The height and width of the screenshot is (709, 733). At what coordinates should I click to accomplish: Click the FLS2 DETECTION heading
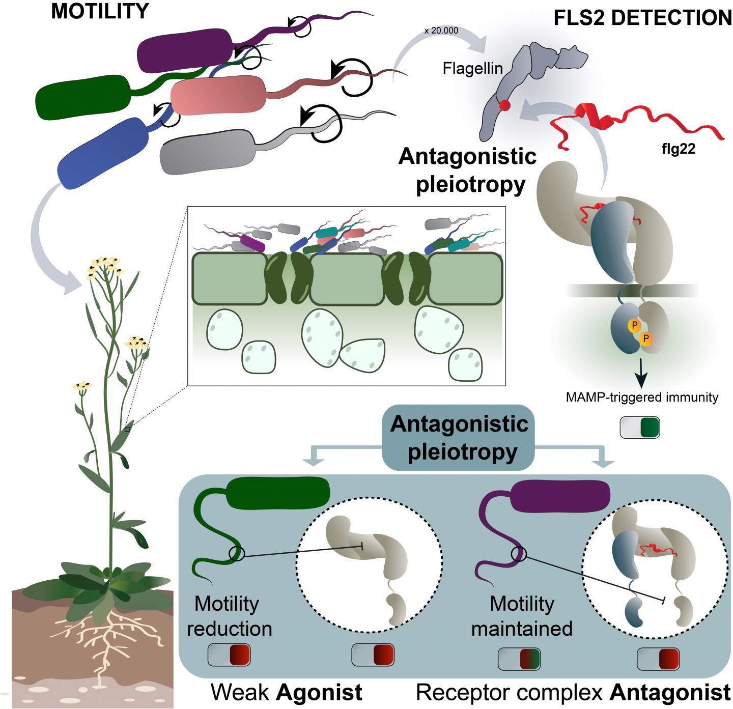pos(642,18)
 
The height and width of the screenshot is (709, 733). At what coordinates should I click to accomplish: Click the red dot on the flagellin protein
pos(504,106)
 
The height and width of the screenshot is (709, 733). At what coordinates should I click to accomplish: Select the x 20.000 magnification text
pos(441,31)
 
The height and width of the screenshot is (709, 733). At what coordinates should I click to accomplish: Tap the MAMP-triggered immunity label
pos(641,397)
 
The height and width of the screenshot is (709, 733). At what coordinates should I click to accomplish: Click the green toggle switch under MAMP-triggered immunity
pos(640,428)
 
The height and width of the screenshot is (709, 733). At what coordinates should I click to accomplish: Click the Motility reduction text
pos(229,616)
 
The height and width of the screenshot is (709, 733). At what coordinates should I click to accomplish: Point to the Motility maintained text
pos(522,616)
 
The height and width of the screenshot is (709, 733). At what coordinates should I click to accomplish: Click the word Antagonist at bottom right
pos(670,693)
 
